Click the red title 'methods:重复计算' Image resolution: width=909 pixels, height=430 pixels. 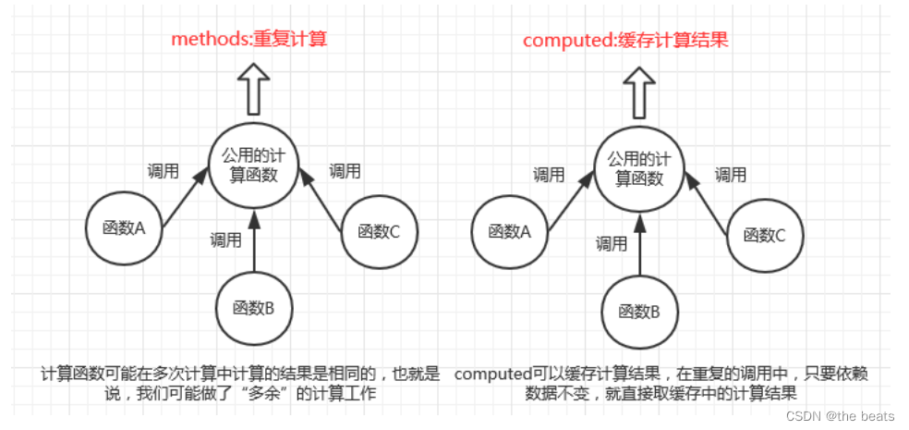pos(248,40)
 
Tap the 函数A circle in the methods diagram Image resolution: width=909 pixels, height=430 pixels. pos(125,227)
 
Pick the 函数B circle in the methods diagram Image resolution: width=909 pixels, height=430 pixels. pos(253,307)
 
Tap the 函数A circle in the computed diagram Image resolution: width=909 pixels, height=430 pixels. pos(508,232)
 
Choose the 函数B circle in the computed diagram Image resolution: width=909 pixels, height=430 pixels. pos(638,311)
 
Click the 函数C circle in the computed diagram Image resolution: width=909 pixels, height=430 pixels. pos(763,234)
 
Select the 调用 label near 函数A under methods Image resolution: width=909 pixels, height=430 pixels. pos(164,171)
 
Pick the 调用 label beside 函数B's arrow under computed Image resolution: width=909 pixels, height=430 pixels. pos(611,244)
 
